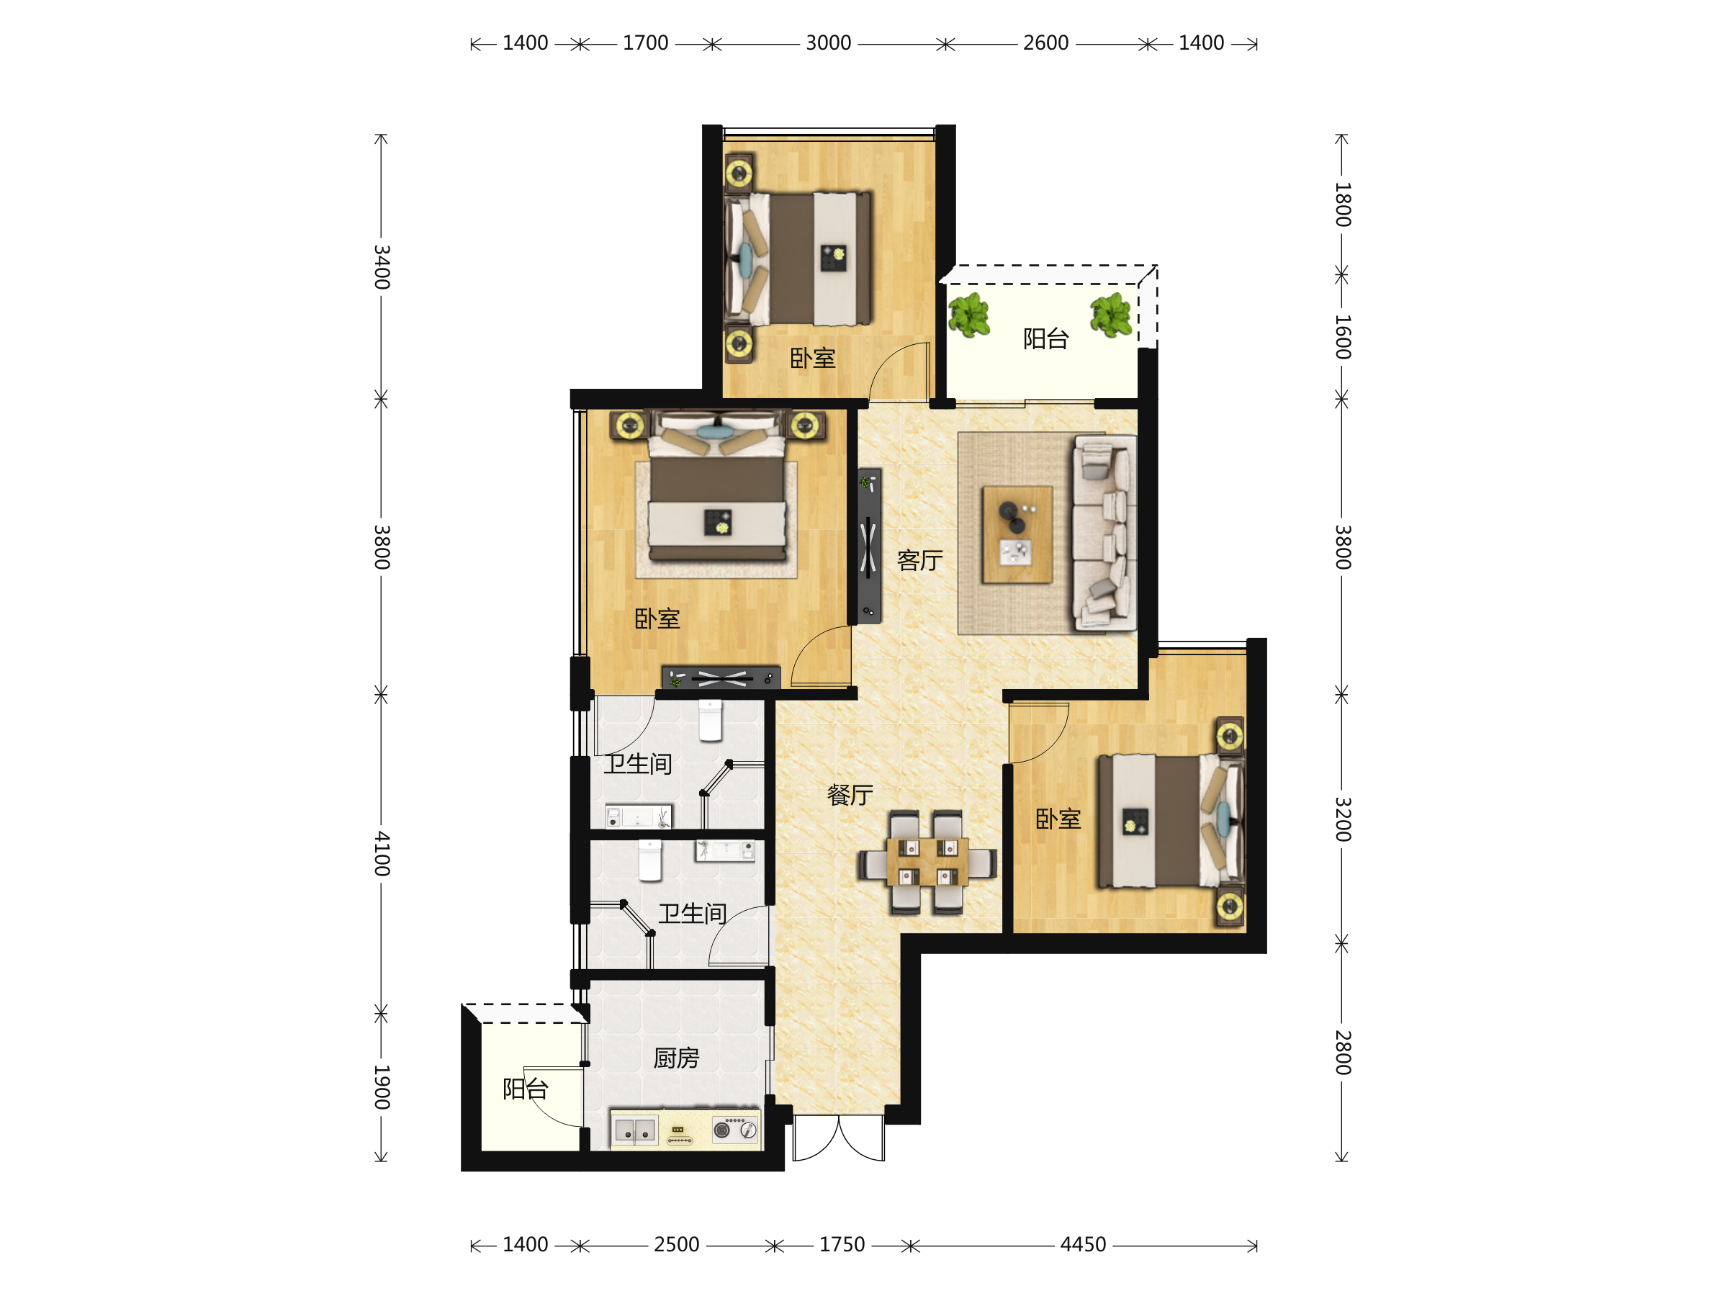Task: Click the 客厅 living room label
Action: pos(919,560)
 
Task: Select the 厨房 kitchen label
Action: pos(676,1058)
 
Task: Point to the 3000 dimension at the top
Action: pos(828,43)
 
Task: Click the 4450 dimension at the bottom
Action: pos(1083,1244)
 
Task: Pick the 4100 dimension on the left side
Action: pos(381,853)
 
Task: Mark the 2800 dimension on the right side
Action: pos(1342,1052)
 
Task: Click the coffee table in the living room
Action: pos(1017,534)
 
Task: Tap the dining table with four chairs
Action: pos(927,863)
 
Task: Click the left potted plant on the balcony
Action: pos(968,315)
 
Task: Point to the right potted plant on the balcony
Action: pos(1111,315)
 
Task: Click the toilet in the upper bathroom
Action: pos(710,719)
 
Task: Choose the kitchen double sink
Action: pos(634,1130)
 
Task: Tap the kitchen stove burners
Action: pos(734,1129)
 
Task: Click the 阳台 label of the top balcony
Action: pos(1045,338)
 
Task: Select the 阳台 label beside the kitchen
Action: pos(525,1088)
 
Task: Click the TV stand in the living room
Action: pos(870,545)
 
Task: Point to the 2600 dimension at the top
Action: pos(1045,43)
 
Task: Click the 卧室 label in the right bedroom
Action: pos(1058,819)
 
